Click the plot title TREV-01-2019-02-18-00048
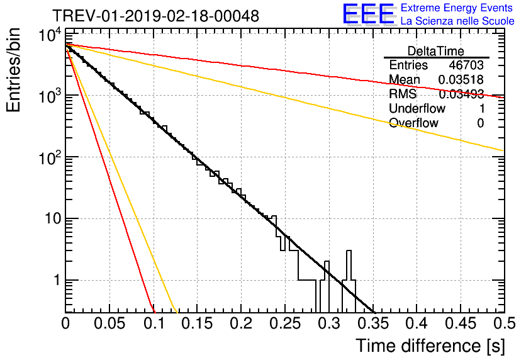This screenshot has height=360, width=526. (155, 16)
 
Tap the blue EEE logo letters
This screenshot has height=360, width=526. (368, 14)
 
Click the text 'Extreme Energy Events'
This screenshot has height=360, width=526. (457, 8)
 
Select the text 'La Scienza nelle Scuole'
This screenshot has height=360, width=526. (457, 21)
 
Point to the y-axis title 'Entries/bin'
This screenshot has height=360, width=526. (13, 70)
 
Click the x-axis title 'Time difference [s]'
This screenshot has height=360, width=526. (430, 346)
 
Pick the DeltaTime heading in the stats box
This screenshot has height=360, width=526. (435, 51)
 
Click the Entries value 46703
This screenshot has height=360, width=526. (466, 65)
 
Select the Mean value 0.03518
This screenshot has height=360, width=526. (461, 79)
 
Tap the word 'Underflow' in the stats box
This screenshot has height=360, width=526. (417, 108)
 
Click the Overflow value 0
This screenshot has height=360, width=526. (480, 123)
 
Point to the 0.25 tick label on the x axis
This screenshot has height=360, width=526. (285, 323)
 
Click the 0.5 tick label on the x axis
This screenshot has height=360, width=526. (504, 323)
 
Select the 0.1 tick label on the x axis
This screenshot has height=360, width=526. (154, 323)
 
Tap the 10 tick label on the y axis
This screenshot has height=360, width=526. (53, 219)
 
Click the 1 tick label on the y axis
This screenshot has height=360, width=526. (57, 280)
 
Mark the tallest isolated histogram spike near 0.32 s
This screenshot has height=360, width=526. (349, 265)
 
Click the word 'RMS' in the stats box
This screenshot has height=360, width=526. (403, 94)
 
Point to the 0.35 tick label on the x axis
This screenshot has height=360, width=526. (373, 323)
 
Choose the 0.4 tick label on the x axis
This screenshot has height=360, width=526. (417, 323)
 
